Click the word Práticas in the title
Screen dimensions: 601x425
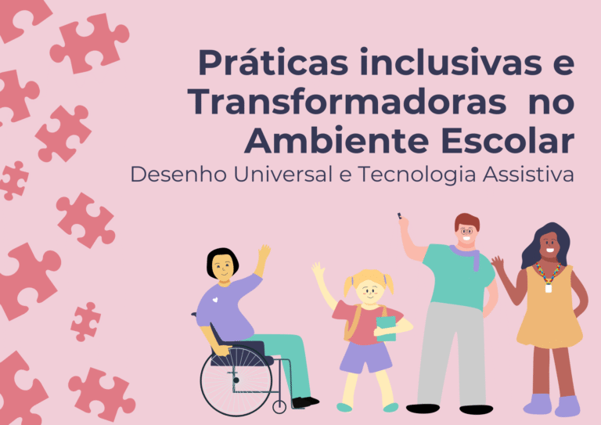[x=273, y=63]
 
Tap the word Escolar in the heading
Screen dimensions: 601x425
[x=507, y=141]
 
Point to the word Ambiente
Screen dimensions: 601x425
[x=336, y=141]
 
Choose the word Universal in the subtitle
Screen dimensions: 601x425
[x=283, y=175]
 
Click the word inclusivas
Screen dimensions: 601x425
[x=451, y=62]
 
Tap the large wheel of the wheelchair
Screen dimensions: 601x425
[x=236, y=380]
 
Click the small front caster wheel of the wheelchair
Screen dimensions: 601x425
[x=279, y=406]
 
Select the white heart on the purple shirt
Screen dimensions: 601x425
[x=215, y=300]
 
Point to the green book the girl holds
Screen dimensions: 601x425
[x=386, y=329]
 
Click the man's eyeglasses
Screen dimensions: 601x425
[x=466, y=231]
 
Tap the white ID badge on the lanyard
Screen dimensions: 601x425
[x=549, y=288]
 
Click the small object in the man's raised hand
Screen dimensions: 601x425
[x=399, y=215]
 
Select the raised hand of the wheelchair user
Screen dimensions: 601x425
[x=264, y=254]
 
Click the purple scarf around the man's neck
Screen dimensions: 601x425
[x=467, y=255]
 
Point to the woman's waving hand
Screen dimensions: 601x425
[x=498, y=264]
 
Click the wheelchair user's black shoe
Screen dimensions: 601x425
[x=305, y=402]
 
